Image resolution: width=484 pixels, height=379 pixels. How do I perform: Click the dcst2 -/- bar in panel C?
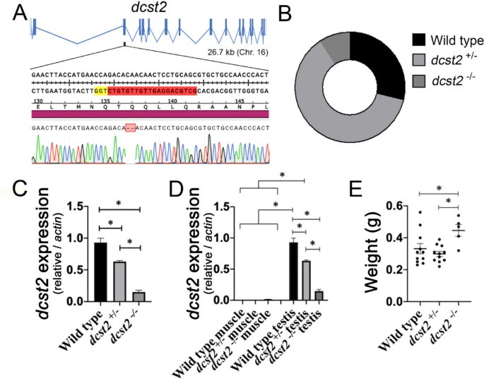click(x=139, y=296)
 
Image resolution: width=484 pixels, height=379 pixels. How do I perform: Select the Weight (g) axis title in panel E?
click(x=368, y=252)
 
